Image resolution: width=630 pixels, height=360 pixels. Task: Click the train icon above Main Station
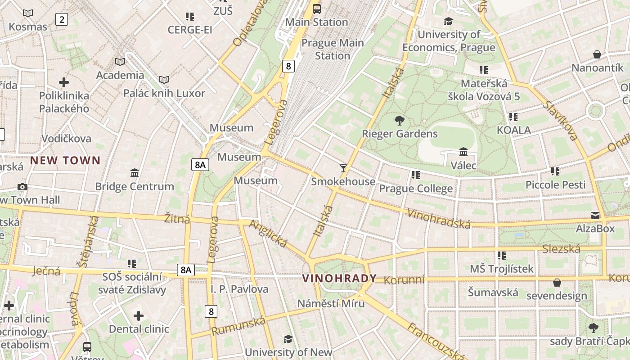point(317,9)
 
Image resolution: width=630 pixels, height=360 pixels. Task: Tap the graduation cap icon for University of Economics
point(448,21)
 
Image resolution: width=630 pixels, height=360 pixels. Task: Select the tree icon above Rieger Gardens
point(399,120)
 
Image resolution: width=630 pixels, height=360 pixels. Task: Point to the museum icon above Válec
point(463,152)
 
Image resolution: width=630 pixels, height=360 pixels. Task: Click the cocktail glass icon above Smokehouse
point(343,168)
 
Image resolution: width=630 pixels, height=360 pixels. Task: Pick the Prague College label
point(416,189)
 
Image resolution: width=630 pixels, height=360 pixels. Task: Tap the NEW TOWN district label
point(65,160)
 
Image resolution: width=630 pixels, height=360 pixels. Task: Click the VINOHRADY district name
point(339,279)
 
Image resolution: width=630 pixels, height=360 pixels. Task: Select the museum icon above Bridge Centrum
point(134,173)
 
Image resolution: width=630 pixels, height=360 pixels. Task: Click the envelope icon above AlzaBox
point(595,216)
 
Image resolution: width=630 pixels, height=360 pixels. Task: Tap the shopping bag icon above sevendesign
point(557,283)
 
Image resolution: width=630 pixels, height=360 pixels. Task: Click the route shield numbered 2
point(62,19)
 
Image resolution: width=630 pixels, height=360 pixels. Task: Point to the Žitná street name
point(177,219)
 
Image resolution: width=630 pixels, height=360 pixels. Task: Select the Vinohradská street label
point(439,218)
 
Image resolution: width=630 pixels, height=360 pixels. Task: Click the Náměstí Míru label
point(331,303)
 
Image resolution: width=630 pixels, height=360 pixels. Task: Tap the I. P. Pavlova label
point(239,289)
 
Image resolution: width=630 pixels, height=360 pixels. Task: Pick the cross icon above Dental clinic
point(139,316)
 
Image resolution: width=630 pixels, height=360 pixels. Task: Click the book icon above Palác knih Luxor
point(164,80)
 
